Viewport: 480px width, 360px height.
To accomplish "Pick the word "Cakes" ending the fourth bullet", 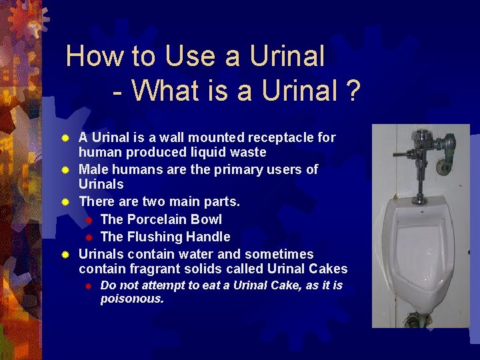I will tap(326, 269).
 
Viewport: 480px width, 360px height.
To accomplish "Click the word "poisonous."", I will tap(132, 299).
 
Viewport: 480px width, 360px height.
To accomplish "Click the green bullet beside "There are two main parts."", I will tap(65, 201).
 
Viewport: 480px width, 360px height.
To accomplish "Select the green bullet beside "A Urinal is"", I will tap(65, 138).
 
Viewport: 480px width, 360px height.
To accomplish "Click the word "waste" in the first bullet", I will tap(247, 152).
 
